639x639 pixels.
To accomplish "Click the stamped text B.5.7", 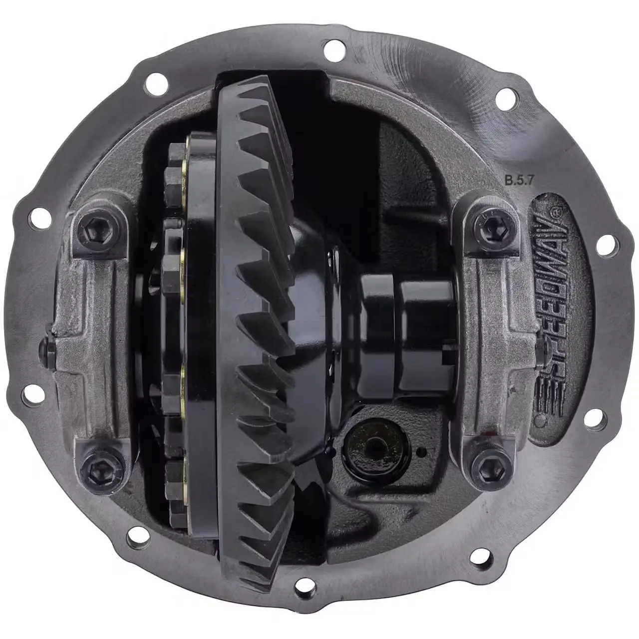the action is click(x=519, y=181).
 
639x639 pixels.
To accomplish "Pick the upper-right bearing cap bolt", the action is click(x=491, y=227).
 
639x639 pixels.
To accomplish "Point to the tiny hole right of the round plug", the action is click(x=421, y=451).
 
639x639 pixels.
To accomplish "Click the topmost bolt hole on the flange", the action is click(x=334, y=50).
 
